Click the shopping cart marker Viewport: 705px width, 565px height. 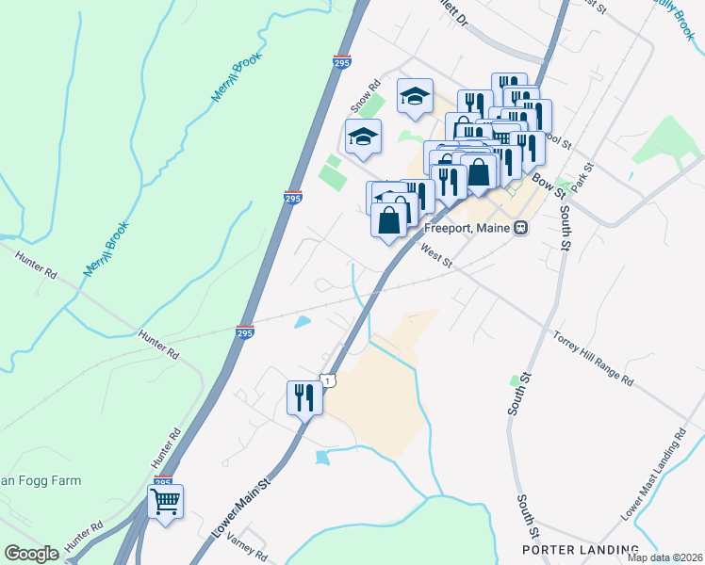coord(166,502)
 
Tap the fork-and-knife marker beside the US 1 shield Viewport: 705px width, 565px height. coord(304,397)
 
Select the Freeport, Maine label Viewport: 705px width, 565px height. coord(466,228)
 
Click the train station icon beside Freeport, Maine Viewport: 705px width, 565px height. coord(519,228)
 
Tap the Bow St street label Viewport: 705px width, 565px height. coord(547,182)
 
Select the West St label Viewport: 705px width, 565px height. coord(435,257)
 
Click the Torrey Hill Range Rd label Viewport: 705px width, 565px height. coord(592,357)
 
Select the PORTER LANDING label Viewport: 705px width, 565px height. coord(581,549)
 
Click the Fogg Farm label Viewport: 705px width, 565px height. coord(41,480)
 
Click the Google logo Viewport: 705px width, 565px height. coord(32,554)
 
